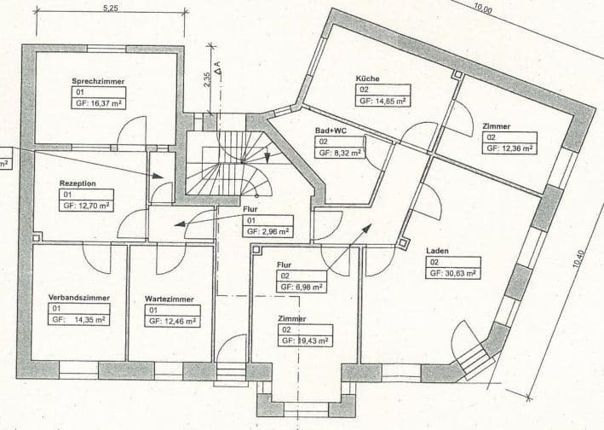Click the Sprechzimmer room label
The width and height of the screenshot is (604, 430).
(x=98, y=80)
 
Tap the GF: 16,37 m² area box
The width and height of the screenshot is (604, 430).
(x=102, y=102)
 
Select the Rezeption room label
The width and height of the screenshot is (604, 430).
(x=78, y=183)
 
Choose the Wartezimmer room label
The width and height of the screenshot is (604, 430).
(x=169, y=299)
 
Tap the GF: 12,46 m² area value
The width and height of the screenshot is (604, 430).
(x=173, y=322)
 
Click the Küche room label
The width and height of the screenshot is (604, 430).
(x=367, y=78)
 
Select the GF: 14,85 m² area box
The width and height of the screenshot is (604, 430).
(x=382, y=100)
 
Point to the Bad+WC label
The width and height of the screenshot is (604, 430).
(x=331, y=131)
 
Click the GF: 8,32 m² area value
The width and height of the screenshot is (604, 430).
(x=340, y=154)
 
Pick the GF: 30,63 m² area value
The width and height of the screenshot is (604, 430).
(x=453, y=274)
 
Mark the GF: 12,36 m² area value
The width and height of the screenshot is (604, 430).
(x=509, y=148)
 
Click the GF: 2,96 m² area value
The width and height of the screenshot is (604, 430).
(x=267, y=231)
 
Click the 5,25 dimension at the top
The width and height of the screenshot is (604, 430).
(x=110, y=8)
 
